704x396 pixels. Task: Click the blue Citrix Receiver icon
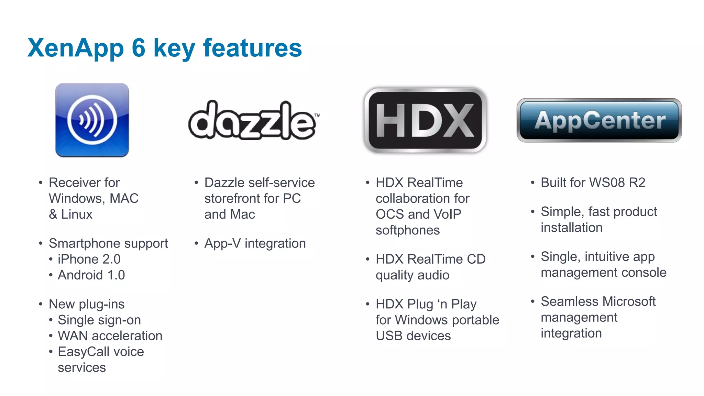click(x=92, y=120)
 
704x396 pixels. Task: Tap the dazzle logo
click(x=253, y=120)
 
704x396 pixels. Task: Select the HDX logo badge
click(x=425, y=120)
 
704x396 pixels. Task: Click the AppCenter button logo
click(x=599, y=120)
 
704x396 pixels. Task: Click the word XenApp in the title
click(x=76, y=48)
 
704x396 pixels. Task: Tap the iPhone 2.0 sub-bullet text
click(x=89, y=259)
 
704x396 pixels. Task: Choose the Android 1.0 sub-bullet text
click(x=91, y=275)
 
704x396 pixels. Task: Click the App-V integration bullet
click(x=255, y=243)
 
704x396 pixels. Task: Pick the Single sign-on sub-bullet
click(x=99, y=320)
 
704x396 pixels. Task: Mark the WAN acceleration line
click(x=110, y=336)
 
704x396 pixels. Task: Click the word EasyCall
click(x=84, y=352)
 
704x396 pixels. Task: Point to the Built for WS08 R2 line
click(x=593, y=183)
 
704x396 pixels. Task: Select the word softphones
click(x=408, y=230)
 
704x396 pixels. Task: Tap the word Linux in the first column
click(x=77, y=214)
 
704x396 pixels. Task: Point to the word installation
click(x=571, y=228)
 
